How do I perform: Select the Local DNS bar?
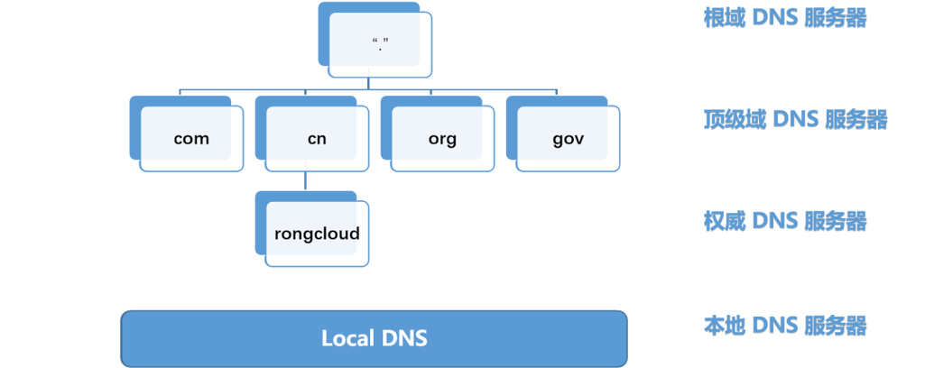(x=374, y=338)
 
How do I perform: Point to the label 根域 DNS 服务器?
(x=785, y=18)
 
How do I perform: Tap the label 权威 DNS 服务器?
(x=785, y=220)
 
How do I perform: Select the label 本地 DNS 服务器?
(x=785, y=325)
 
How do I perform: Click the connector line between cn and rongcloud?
(x=306, y=181)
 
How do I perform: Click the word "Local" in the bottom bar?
(x=348, y=338)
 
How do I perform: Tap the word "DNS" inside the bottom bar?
(x=402, y=338)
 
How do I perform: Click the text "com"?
(x=191, y=139)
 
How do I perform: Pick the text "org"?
(x=442, y=139)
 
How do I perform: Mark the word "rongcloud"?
(x=317, y=234)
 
